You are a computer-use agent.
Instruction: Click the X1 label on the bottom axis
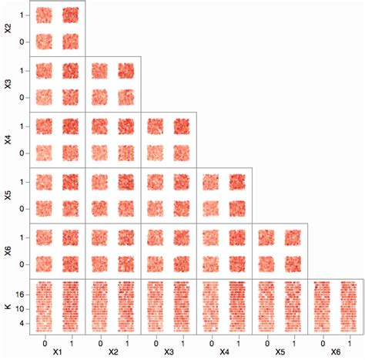point(57,352)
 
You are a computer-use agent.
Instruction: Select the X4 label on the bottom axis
point(224,352)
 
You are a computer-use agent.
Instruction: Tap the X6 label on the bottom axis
point(336,352)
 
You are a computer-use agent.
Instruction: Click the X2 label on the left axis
point(8,29)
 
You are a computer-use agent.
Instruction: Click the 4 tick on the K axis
point(23,323)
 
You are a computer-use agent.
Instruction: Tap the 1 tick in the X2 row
point(23,15)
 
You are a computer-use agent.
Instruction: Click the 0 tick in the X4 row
point(23,153)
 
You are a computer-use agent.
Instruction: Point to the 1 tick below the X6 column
point(350,341)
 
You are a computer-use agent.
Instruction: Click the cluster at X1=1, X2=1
point(71,15)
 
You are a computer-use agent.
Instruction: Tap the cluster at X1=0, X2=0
point(44,41)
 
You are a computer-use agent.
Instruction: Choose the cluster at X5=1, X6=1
point(293,237)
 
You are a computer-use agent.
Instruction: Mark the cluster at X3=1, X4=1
point(182,126)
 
